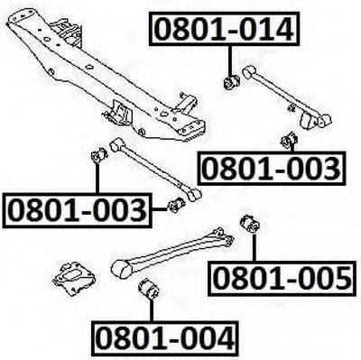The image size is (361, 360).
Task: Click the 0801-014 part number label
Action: (x=225, y=29)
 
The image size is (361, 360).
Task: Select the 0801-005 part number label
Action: (x=282, y=279)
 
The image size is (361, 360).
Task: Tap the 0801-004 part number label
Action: (x=165, y=337)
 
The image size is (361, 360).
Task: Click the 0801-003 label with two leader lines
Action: (x=78, y=210)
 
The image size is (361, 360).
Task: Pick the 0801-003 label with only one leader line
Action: (x=272, y=168)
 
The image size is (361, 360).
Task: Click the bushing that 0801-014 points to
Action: (x=231, y=82)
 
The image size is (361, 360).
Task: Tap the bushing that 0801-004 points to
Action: (x=150, y=290)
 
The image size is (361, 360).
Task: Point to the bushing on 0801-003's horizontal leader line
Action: (x=177, y=206)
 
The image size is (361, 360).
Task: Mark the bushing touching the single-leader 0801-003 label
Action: (x=290, y=141)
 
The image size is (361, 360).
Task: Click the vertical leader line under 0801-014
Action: (x=231, y=60)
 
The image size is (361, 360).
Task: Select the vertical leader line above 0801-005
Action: (x=254, y=248)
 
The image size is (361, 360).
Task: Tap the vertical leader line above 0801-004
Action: (x=152, y=310)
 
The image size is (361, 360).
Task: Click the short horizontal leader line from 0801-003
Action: (x=160, y=209)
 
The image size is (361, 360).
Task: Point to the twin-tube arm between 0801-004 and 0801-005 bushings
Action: (x=172, y=254)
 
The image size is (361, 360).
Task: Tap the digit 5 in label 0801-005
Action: (x=341, y=279)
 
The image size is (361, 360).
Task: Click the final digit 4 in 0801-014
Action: (x=282, y=29)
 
